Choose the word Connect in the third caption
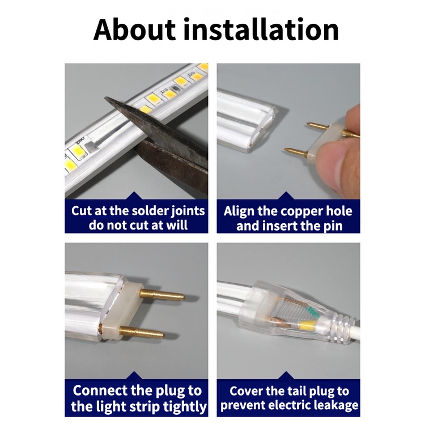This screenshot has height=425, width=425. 100,390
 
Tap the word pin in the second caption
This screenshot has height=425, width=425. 334,226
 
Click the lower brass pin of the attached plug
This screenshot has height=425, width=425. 142,332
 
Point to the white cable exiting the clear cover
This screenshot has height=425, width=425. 356,329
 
